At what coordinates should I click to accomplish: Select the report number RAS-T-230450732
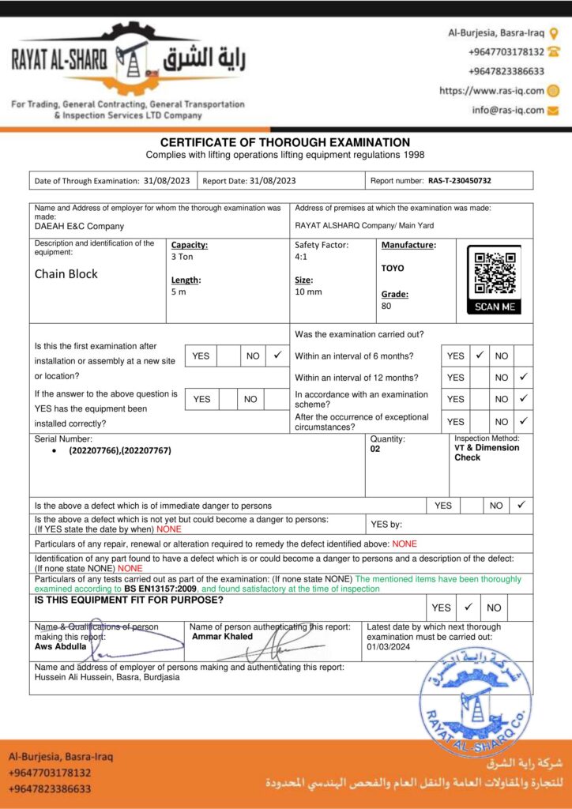coord(460,181)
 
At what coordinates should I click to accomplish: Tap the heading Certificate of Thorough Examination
coord(285,142)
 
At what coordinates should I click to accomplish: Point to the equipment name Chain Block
coord(66,275)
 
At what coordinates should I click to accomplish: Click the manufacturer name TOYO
coord(393,268)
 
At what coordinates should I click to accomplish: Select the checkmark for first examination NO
coord(276,356)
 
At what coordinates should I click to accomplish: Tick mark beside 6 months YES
coord(479,356)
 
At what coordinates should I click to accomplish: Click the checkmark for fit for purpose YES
coord(468,607)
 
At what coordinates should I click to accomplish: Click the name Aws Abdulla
coord(60,645)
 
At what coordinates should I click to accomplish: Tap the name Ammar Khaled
coord(222,636)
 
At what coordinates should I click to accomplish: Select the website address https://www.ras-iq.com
coord(491,91)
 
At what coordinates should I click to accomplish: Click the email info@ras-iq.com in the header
coord(508,111)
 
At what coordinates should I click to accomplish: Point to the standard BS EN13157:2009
coord(161,589)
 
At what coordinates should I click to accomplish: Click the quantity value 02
coord(375,448)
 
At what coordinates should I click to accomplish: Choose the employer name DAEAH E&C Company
coord(79,226)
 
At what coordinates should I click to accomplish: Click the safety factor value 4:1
coord(302,257)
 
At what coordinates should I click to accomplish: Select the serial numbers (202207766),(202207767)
coord(120,450)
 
